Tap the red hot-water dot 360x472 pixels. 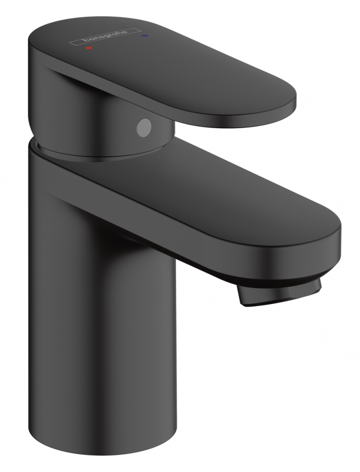[x=89, y=46]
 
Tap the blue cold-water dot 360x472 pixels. [x=144, y=34]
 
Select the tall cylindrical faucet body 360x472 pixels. [x=103, y=315]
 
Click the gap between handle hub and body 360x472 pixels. [x=90, y=155]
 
